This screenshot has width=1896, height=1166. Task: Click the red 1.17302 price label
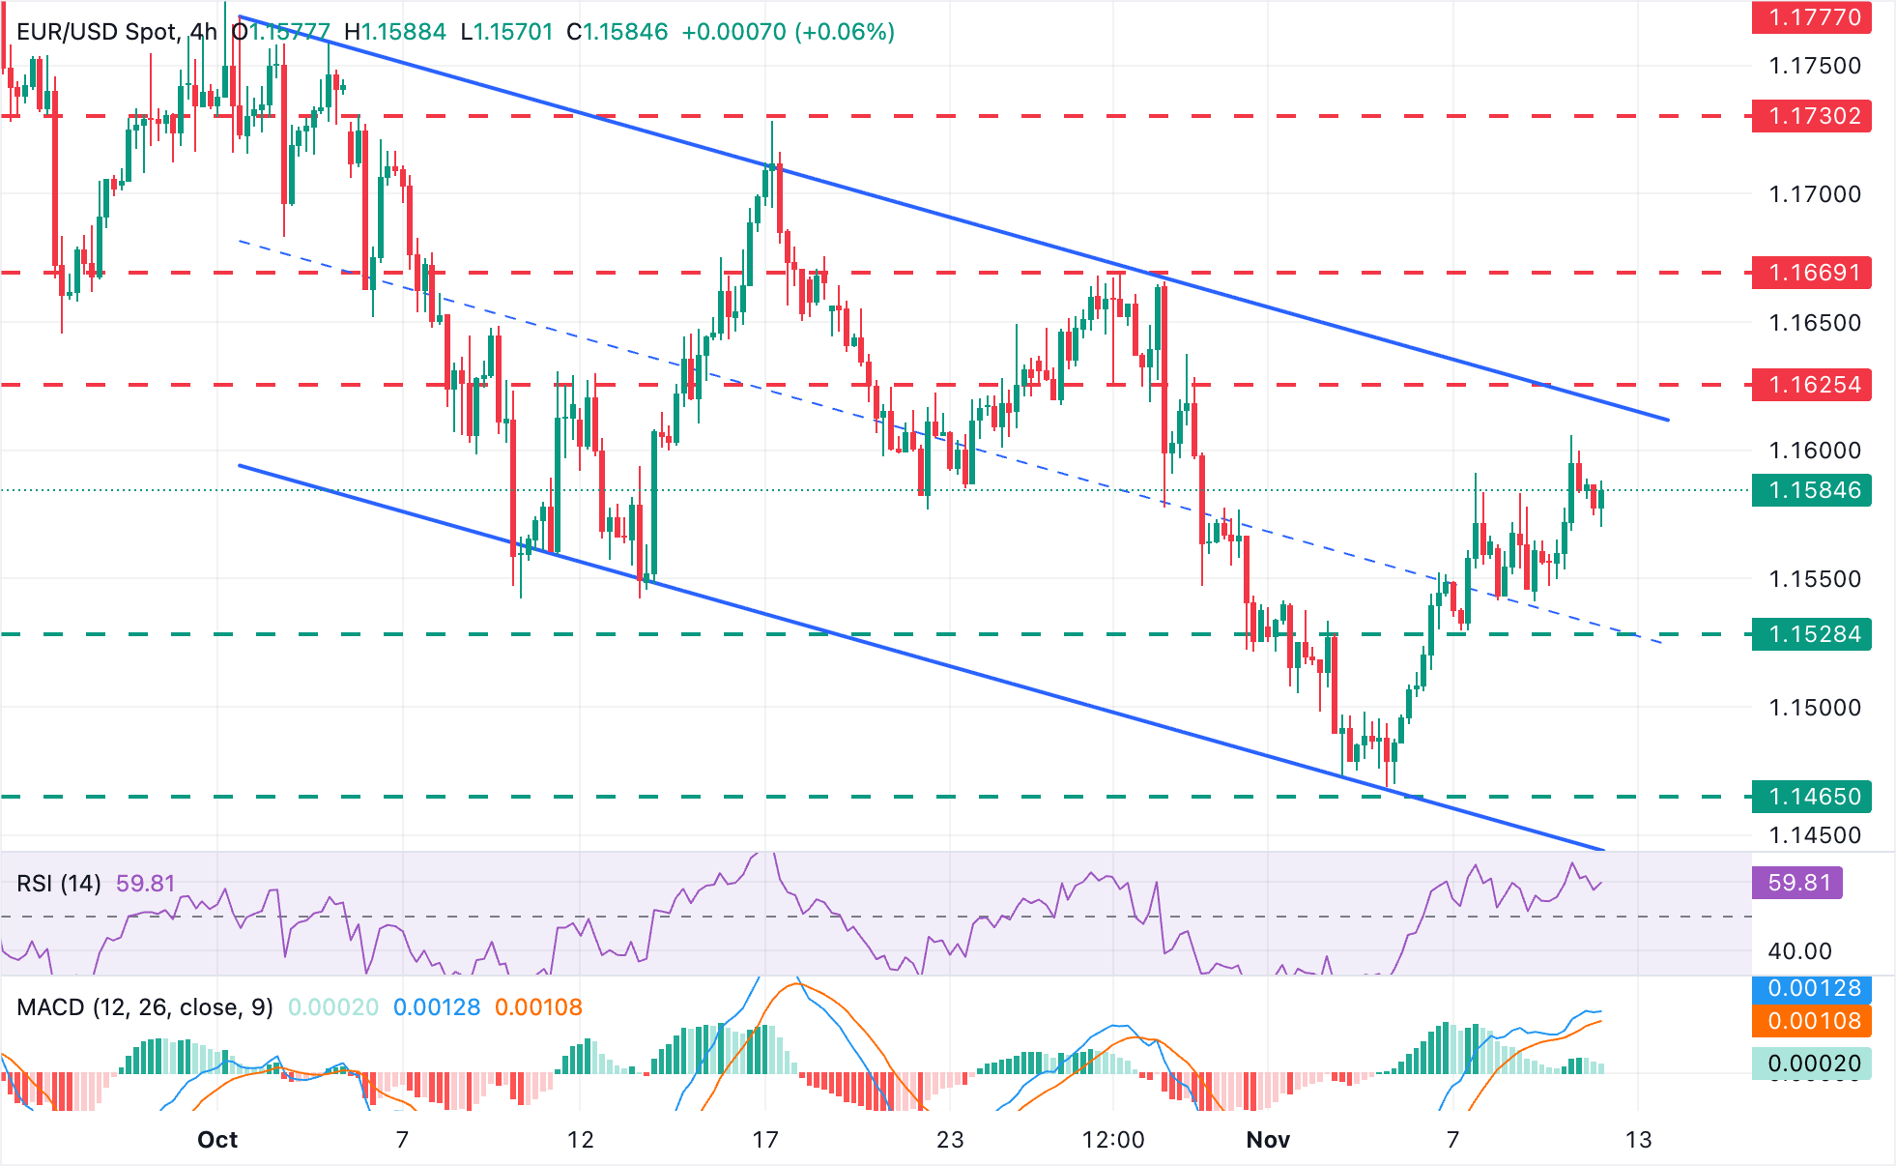point(1812,116)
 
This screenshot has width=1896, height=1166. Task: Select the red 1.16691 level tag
point(1812,273)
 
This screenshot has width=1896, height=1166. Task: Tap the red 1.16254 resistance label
point(1812,385)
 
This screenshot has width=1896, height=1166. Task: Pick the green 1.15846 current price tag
point(1812,490)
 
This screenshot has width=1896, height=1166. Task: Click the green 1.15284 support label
point(1812,634)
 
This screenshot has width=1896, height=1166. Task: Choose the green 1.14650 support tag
point(1812,797)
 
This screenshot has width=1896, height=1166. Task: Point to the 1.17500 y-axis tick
point(1814,66)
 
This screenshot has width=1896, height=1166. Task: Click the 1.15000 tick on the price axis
point(1814,708)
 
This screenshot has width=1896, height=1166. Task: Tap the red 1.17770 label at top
point(1812,17)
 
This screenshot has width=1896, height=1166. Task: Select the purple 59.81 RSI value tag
point(1797,883)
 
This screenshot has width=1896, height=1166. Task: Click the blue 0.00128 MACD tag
point(1812,989)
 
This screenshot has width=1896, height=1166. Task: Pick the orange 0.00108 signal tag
point(1812,1021)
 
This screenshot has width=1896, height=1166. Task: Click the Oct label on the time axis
point(217,1140)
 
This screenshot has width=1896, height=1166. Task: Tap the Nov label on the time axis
point(1268,1140)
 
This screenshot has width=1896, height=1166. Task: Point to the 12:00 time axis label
point(1113,1140)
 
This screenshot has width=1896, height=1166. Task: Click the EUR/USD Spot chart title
point(98,32)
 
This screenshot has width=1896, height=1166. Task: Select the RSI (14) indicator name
point(59,884)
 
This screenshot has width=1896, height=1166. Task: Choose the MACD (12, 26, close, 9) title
point(145,1007)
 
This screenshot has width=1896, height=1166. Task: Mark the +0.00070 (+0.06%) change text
point(788,32)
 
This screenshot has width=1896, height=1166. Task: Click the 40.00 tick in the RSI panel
point(1799,951)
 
